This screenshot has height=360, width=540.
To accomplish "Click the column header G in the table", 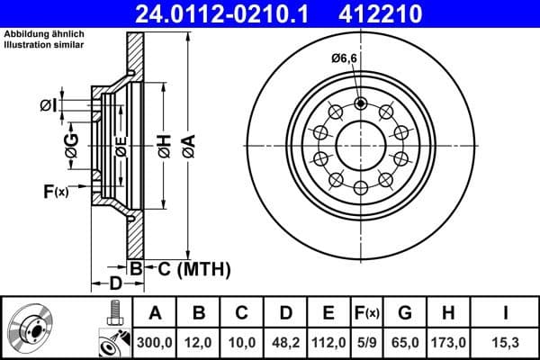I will (x=405, y=312).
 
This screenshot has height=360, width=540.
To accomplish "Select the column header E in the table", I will (x=328, y=312).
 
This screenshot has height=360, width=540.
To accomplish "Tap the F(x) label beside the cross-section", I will (x=56, y=191).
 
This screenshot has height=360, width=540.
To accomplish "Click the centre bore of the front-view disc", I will (x=360, y=144).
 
